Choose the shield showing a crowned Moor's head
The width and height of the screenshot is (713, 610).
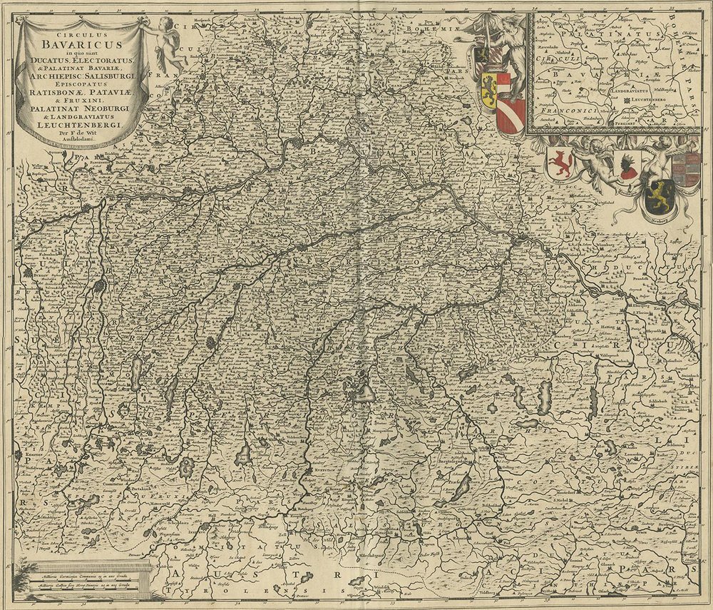[630, 166]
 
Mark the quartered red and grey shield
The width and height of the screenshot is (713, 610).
[685, 169]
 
